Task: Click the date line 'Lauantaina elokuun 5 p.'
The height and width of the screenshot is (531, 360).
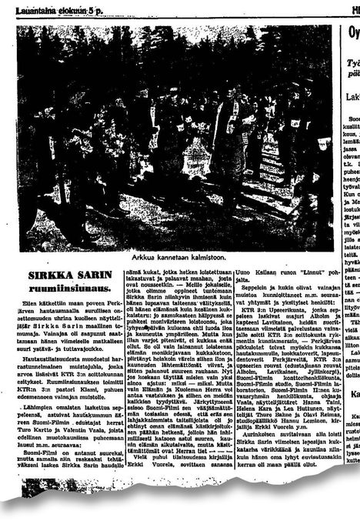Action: pyautogui.click(x=45, y=8)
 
